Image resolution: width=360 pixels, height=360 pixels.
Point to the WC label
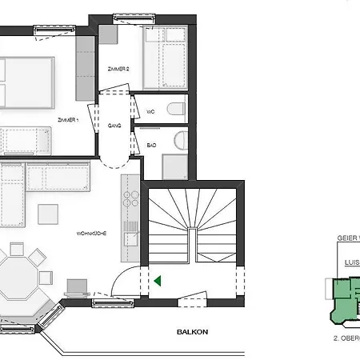150,111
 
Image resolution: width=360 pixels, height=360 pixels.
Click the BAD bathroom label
150,145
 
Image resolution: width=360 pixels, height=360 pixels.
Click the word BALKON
192,330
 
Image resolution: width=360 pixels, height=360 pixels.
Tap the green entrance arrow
158,281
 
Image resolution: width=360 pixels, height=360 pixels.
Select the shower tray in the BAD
174,166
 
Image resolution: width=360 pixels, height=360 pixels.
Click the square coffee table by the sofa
48,214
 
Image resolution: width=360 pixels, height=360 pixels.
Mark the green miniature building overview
343,299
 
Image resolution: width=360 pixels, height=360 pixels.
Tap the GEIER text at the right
349,238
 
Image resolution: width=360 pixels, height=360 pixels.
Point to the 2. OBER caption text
346,338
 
